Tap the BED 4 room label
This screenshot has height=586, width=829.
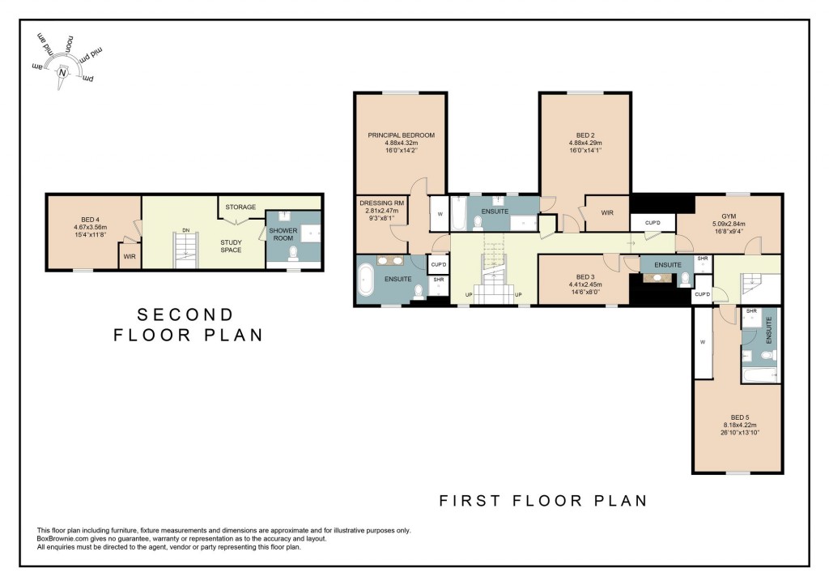(x=90, y=218)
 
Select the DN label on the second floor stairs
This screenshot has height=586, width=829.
(x=186, y=231)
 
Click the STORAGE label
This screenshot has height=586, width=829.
(x=240, y=207)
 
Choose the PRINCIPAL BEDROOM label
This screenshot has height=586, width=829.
(x=401, y=135)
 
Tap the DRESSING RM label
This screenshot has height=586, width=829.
(x=381, y=203)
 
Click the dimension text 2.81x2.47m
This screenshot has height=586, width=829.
(x=381, y=211)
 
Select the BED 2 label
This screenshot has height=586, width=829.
(x=585, y=135)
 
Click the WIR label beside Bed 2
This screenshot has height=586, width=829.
(x=607, y=212)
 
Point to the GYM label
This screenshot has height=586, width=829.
(x=729, y=216)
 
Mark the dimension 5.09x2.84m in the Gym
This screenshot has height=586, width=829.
(x=729, y=224)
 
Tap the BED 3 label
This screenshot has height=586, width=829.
(x=583, y=276)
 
